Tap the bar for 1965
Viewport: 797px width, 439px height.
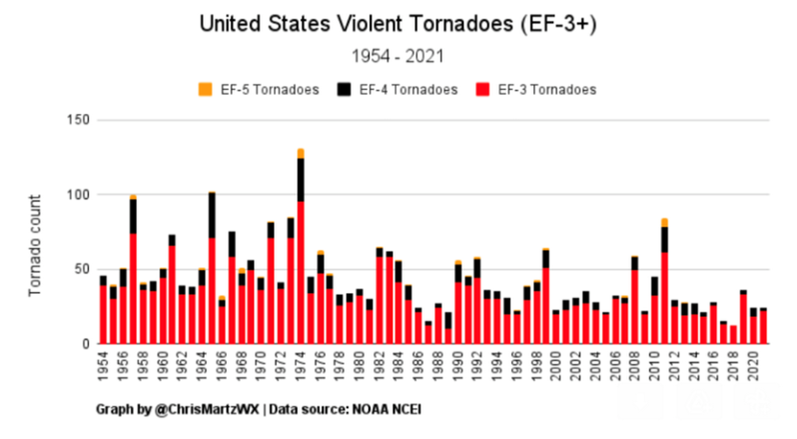click(x=212, y=270)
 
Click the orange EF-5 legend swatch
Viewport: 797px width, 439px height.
click(x=207, y=90)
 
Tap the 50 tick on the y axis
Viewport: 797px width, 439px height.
click(x=82, y=270)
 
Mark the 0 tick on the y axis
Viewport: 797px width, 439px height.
click(x=86, y=344)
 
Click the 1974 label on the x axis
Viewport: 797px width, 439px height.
click(x=301, y=368)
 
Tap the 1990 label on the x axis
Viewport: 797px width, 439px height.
click(x=458, y=368)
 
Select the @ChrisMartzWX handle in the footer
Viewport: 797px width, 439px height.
click(x=191, y=410)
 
